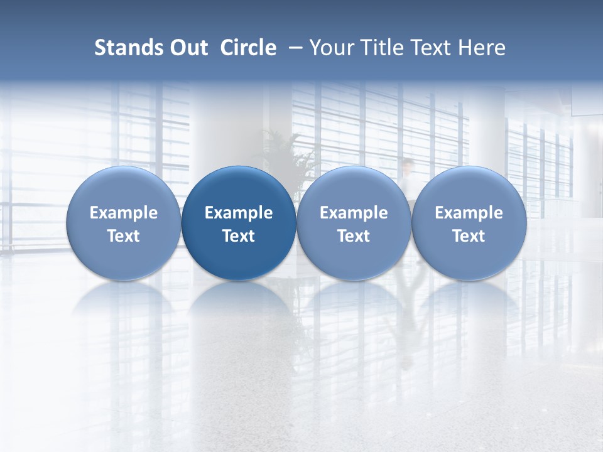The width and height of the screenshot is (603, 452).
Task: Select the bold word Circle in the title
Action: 248,48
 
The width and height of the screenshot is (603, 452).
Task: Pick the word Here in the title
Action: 481,48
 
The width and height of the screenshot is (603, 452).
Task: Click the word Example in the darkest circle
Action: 239,213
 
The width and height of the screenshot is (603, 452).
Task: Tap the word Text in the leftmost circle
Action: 124,236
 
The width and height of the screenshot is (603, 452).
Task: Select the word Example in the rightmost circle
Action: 469,213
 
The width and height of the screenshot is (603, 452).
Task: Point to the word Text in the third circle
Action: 354,236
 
